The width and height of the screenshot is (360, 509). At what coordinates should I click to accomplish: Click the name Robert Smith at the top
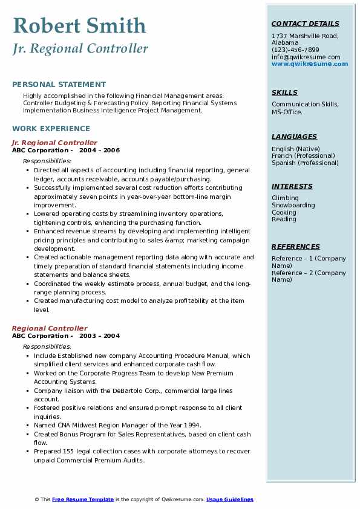[x=79, y=25]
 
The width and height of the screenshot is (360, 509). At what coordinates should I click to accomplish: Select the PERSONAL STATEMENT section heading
[x=59, y=85]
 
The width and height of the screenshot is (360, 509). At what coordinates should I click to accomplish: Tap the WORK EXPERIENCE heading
[x=51, y=129]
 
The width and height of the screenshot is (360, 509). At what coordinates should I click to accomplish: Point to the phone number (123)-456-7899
[x=295, y=50]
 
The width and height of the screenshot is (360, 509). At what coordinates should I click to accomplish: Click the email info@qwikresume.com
[x=306, y=57]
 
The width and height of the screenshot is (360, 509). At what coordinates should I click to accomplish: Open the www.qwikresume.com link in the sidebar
[x=310, y=64]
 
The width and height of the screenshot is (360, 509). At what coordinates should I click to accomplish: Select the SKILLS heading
[x=284, y=92]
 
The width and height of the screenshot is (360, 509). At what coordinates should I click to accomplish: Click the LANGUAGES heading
[x=294, y=137]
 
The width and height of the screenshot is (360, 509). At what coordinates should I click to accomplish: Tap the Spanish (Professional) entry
[x=305, y=163]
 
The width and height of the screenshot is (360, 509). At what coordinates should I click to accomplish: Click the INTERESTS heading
[x=292, y=186]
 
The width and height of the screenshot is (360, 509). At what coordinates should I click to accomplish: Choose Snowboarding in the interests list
[x=293, y=206]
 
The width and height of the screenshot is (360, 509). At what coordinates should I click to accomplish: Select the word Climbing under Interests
[x=285, y=198]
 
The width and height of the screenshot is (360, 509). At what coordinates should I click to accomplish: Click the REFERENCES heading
[x=296, y=247]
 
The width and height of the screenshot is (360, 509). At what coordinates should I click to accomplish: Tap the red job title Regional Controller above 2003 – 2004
[x=50, y=328]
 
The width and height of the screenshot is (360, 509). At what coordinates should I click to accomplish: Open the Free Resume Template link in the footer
[x=83, y=499]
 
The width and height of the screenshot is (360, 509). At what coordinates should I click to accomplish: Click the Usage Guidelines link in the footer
[x=230, y=499]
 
